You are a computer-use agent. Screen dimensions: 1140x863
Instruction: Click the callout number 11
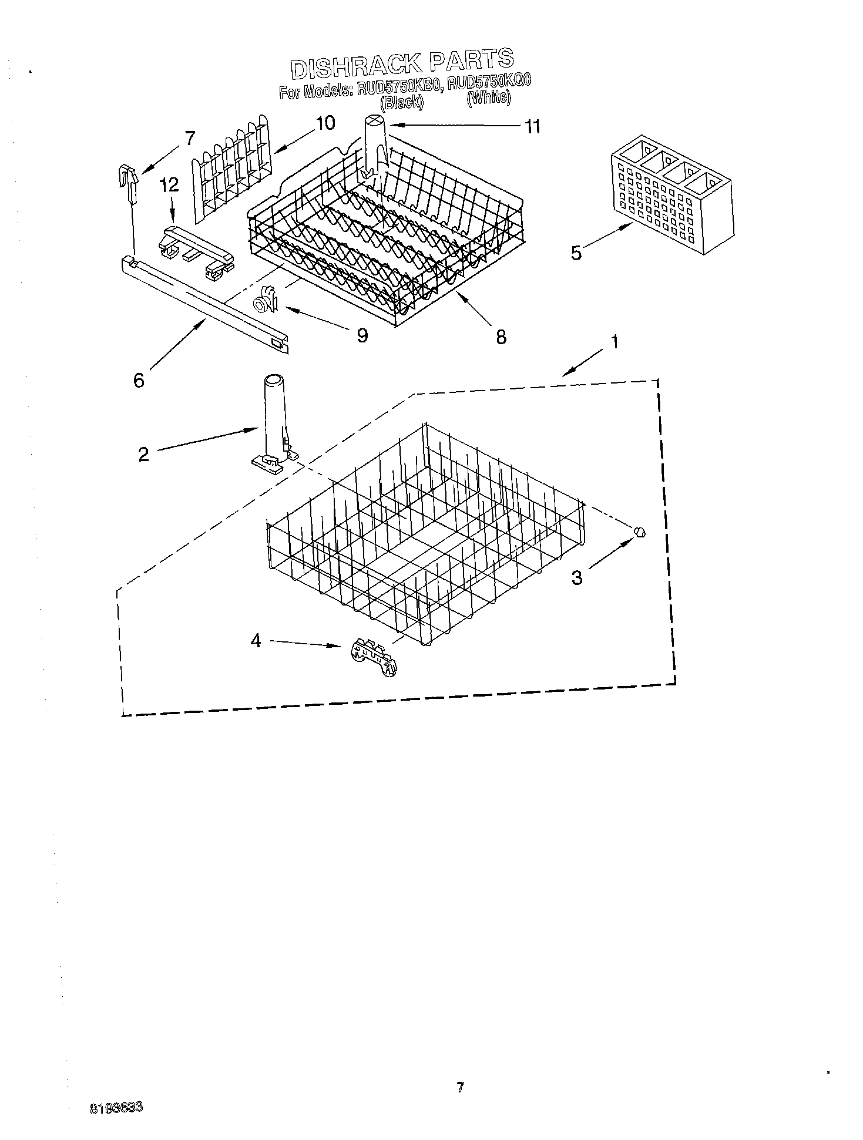click(x=532, y=127)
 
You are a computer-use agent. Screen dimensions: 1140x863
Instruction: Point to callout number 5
click(x=576, y=253)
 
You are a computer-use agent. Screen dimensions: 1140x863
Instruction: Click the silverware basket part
click(x=672, y=194)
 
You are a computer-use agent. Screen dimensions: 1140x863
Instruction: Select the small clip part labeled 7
click(x=130, y=177)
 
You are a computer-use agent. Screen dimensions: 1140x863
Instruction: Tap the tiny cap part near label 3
click(x=640, y=532)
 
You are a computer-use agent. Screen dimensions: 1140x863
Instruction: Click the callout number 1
click(x=614, y=341)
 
